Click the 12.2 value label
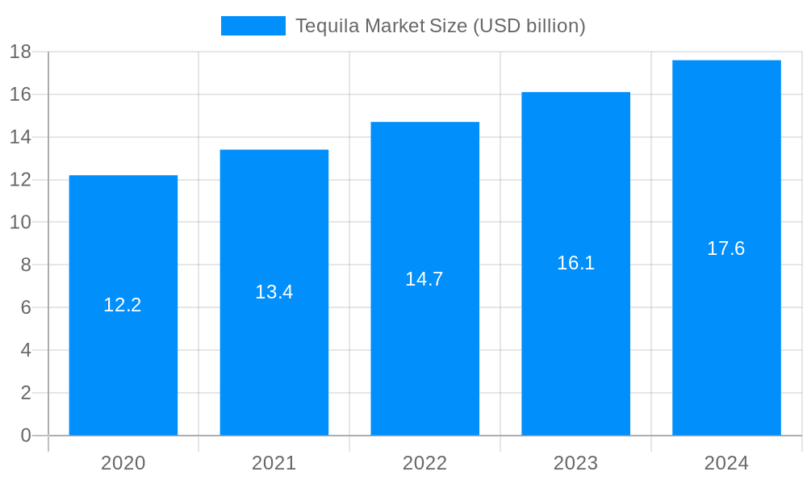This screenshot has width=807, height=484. click(x=123, y=305)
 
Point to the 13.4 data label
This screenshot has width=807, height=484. click(x=274, y=292)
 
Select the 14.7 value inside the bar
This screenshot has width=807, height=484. click(x=424, y=279)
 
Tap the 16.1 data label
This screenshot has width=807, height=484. click(x=575, y=263)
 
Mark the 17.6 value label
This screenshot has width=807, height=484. click(x=726, y=248)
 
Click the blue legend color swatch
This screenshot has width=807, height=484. click(x=253, y=26)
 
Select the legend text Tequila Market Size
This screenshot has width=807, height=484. click(x=440, y=26)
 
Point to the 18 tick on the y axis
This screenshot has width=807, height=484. click(x=20, y=52)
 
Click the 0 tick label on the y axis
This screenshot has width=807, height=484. click(x=26, y=436)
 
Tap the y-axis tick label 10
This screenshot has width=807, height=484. click(x=20, y=223)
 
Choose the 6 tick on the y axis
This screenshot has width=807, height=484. click(x=26, y=307)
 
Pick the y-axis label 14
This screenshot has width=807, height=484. click(x=20, y=137)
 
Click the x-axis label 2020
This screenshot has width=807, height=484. click(x=123, y=463)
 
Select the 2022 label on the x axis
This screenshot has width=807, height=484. click(x=425, y=463)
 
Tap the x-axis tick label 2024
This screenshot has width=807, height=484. click(x=726, y=463)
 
